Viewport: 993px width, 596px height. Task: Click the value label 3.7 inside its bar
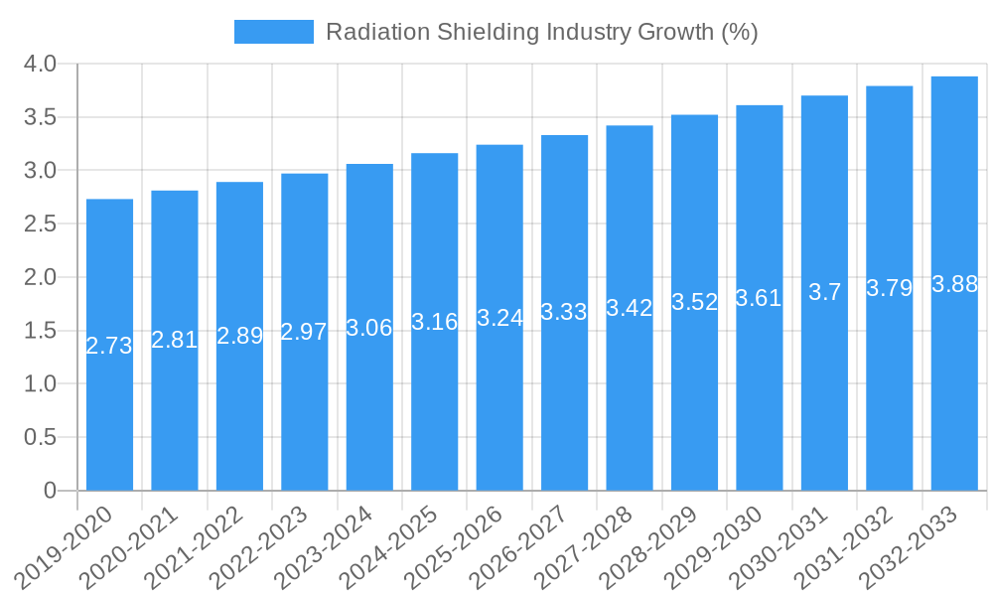point(824,292)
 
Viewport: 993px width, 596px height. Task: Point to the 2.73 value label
point(109,346)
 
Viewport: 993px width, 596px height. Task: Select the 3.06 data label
point(369,328)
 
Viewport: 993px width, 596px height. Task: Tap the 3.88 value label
point(954,284)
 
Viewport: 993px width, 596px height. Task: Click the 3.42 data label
point(630,308)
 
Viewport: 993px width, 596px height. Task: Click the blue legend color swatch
point(273,32)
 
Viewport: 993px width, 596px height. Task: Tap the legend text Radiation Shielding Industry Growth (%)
point(541,32)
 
